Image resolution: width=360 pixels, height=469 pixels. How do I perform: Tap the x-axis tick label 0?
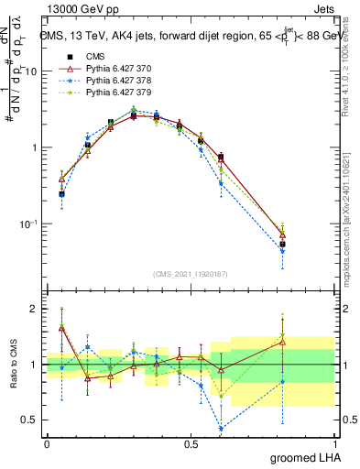coord(47,443)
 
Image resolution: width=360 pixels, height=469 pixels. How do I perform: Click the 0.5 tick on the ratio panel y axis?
coord(31,420)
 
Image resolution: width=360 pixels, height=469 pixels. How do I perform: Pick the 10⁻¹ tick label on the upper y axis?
coord(30,224)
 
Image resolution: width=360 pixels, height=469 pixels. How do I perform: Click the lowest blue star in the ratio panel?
coord(221,428)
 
